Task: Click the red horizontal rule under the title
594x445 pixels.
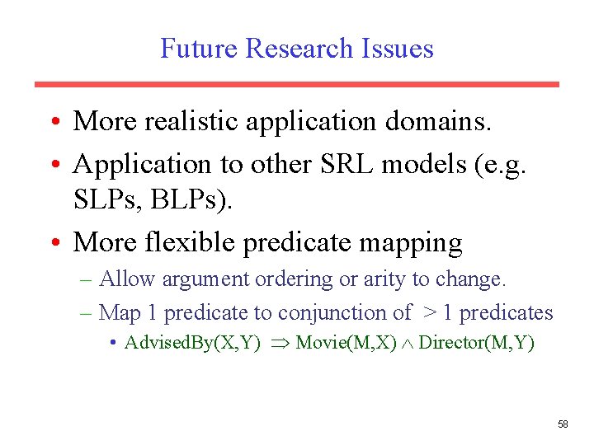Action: click(296, 84)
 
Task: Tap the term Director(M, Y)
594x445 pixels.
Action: click(476, 343)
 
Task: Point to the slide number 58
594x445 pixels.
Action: click(563, 424)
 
